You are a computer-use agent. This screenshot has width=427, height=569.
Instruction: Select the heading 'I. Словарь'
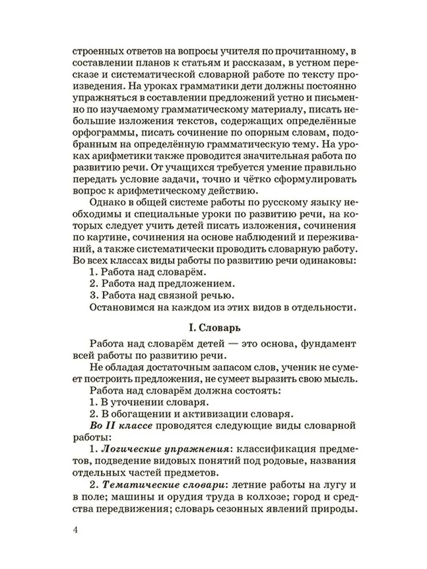[213, 328]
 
